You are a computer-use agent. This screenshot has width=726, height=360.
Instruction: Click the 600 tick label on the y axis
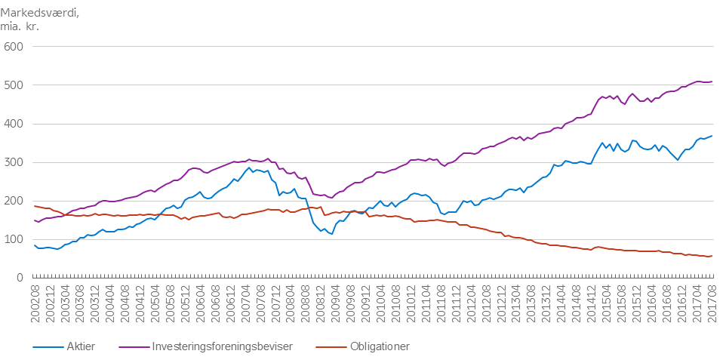click(x=14, y=47)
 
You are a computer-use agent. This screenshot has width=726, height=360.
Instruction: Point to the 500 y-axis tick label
click(x=14, y=85)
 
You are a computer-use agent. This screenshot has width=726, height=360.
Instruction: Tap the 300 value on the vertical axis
click(x=14, y=162)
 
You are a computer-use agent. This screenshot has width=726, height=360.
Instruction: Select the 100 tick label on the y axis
click(x=14, y=239)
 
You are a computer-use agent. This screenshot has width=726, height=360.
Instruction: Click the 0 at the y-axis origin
click(x=20, y=278)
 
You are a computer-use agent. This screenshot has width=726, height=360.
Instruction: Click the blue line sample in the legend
click(x=48, y=346)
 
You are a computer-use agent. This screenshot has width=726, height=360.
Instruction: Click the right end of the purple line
click(x=712, y=82)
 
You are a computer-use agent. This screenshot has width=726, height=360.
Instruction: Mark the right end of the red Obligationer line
click(x=712, y=257)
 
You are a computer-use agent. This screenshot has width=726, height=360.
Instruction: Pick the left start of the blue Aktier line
click(x=34, y=245)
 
